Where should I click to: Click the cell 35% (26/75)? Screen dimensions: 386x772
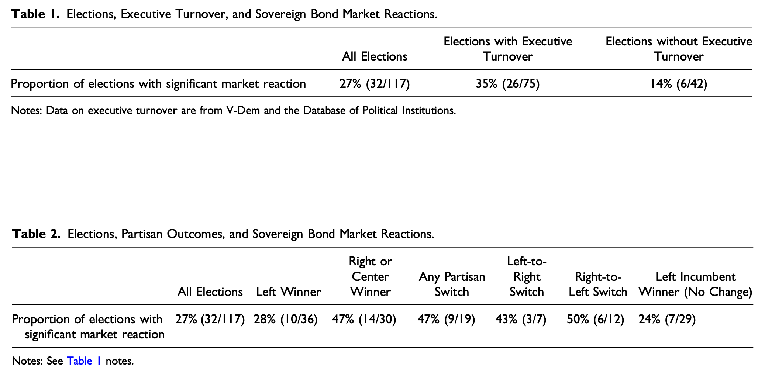click(x=507, y=84)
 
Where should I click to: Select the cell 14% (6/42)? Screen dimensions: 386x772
click(x=679, y=84)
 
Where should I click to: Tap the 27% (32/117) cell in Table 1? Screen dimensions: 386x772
click(x=375, y=84)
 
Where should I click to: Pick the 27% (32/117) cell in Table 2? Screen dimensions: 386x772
click(x=210, y=319)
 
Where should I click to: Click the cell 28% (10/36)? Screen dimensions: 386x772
click(x=285, y=319)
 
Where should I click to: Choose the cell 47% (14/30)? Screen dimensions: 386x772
click(x=364, y=319)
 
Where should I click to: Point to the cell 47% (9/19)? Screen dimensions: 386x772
click(x=446, y=319)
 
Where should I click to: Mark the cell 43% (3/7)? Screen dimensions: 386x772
click(x=521, y=319)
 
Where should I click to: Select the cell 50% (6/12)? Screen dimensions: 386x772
click(x=595, y=319)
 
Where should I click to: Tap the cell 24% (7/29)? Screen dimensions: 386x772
click(x=667, y=319)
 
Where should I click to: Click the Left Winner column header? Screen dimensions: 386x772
click(x=288, y=292)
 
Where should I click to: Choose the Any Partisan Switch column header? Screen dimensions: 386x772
click(x=452, y=284)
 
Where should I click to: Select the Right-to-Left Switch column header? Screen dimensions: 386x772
click(x=598, y=284)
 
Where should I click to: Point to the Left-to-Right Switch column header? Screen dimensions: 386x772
click(x=527, y=277)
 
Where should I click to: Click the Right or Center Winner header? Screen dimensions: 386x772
click(x=370, y=277)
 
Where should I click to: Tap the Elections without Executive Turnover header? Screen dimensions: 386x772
click(x=679, y=49)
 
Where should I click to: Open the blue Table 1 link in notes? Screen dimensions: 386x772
click(x=84, y=361)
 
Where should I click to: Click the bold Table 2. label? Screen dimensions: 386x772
click(x=36, y=234)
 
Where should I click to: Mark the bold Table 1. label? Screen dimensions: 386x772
click(x=35, y=14)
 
